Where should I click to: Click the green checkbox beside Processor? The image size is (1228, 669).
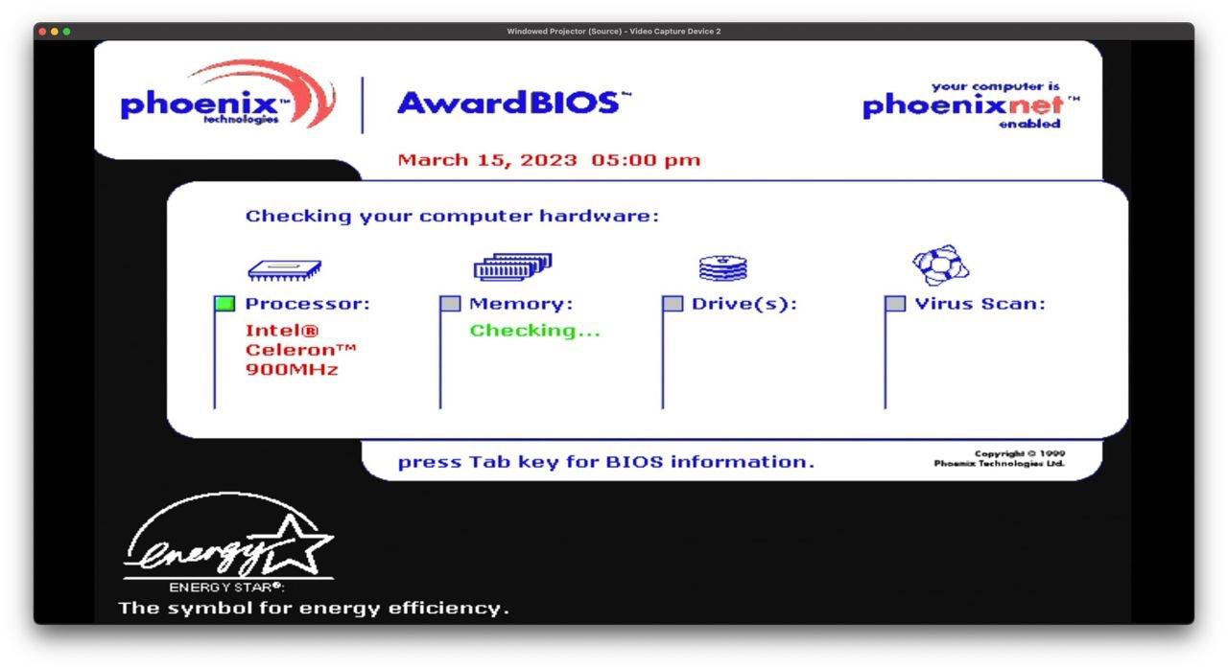coord(224,303)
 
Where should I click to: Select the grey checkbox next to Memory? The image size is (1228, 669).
coord(450,303)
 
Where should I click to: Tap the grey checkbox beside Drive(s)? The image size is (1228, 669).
coord(673,303)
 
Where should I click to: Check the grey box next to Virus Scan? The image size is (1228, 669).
coord(895,303)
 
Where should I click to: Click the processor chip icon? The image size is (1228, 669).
coord(285,270)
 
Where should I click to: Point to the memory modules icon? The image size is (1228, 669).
coord(512,266)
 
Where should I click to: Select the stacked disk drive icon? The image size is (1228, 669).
coord(723,267)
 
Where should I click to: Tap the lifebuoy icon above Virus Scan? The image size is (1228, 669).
coord(941,265)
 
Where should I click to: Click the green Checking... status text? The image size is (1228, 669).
coord(535,331)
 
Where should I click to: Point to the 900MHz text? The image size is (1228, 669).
coord(292,370)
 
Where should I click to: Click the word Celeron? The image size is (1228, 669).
coord(290,350)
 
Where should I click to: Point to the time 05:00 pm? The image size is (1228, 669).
coord(646,160)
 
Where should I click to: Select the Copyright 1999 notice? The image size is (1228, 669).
coord(1000,458)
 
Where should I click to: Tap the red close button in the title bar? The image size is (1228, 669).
coord(42,32)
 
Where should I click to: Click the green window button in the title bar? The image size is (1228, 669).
coord(66,32)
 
